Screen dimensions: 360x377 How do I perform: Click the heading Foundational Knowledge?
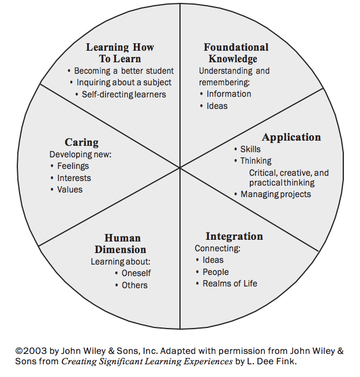tap(236, 52)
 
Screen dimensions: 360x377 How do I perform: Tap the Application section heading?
tap(291, 137)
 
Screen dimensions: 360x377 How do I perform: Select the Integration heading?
tap(234, 236)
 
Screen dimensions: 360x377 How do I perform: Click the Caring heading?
tap(81, 142)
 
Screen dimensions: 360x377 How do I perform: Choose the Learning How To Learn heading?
tap(120, 52)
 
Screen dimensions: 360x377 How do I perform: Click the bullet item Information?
tap(228, 94)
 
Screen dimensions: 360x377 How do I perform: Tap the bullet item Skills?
tap(250, 149)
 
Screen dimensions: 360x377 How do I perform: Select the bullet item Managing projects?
tap(275, 194)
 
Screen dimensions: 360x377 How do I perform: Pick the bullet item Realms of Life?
tap(230, 284)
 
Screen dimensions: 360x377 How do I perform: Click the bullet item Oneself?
tap(136, 273)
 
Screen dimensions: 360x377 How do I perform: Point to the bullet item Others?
tap(134, 285)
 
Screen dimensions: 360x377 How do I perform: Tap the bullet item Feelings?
tap(73, 166)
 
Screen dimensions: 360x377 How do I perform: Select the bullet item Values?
tap(69, 190)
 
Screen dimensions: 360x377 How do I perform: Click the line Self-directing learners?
tap(123, 94)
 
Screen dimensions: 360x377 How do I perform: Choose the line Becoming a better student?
tap(123, 71)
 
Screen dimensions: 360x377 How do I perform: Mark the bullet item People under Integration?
tap(215, 272)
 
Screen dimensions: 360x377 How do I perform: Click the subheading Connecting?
tap(217, 248)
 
